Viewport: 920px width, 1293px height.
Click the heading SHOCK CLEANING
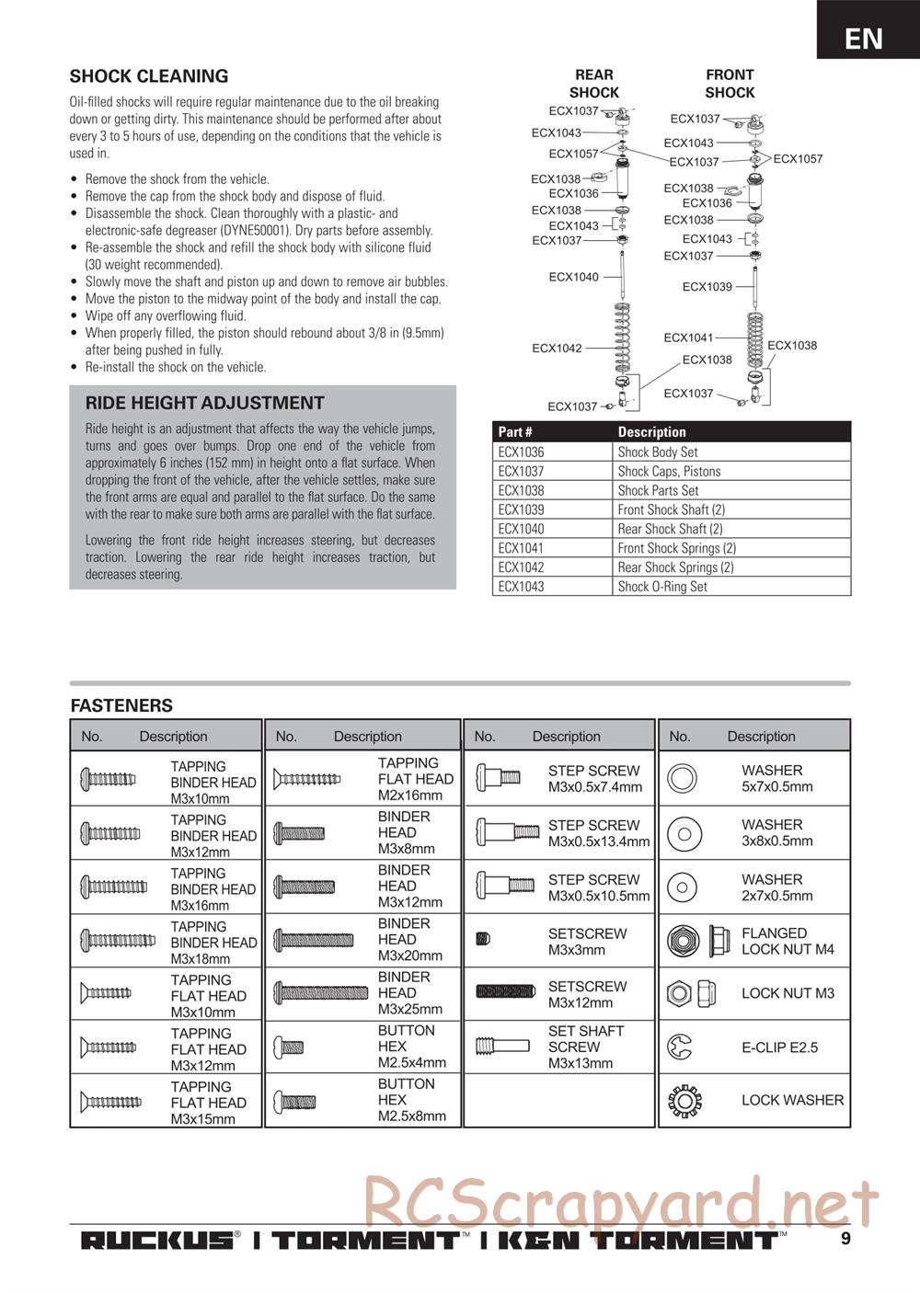[149, 76]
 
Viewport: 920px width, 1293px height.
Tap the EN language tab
[863, 39]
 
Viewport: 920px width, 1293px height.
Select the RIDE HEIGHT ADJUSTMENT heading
[204, 403]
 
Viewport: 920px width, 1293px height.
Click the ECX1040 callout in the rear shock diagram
[573, 277]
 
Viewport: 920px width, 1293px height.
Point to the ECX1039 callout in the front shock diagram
[707, 287]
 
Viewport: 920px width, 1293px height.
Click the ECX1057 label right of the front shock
[798, 159]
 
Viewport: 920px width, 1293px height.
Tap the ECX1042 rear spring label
[557, 349]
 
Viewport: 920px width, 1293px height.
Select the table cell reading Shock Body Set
[658, 452]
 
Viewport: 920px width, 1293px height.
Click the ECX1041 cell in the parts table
[521, 548]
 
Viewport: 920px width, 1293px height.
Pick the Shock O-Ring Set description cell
[662, 587]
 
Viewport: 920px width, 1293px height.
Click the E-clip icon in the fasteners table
[682, 1047]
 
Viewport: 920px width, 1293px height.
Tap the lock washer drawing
[684, 1100]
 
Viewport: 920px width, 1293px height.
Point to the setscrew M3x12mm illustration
[500, 991]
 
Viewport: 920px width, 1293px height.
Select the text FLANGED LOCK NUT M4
[788, 941]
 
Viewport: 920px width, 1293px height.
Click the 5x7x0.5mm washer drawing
[683, 778]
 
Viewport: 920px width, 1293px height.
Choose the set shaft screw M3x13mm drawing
[502, 1046]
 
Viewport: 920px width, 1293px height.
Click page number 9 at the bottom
[845, 1238]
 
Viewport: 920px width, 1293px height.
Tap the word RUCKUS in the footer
[156, 1241]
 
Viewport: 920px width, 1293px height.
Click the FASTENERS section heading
[121, 706]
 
